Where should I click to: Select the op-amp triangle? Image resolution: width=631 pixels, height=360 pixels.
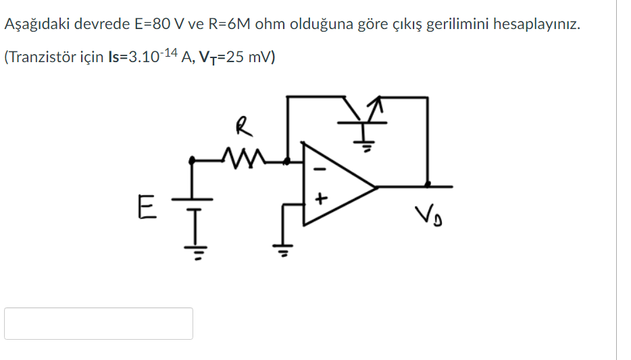coord(334,184)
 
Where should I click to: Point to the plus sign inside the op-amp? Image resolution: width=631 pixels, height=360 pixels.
coord(322,199)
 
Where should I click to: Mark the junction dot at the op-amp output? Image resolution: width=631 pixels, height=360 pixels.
coord(427,184)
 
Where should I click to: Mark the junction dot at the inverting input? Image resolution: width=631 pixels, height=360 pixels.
coord(288,161)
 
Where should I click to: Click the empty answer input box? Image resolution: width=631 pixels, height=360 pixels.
coord(99,324)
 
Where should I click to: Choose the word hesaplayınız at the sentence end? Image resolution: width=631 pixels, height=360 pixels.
coord(536,25)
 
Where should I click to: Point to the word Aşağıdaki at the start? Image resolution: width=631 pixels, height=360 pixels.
coord(37,25)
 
